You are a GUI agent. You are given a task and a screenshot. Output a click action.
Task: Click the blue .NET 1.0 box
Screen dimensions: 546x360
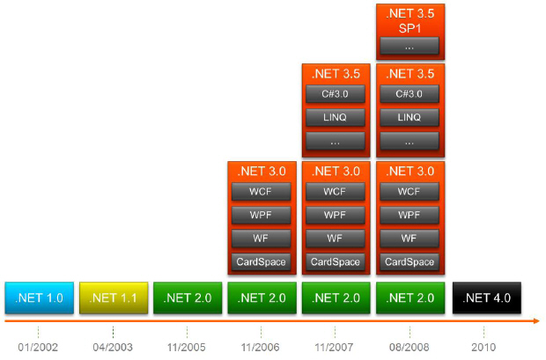40,298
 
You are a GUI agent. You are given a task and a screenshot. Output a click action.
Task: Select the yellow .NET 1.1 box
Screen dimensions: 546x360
114,298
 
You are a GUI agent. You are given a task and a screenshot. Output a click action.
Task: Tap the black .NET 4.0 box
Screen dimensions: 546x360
486,298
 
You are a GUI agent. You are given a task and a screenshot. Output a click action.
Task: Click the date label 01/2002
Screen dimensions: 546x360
38,347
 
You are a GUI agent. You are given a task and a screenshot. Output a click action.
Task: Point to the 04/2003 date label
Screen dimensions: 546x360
113,347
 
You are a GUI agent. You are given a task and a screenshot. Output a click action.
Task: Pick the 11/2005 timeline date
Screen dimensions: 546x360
187,347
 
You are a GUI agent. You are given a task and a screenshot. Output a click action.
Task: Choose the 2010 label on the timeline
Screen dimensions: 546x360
483,347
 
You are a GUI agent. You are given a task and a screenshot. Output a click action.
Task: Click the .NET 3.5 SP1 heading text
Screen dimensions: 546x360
410,21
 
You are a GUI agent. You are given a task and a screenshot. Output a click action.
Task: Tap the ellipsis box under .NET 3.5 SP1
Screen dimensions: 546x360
409,46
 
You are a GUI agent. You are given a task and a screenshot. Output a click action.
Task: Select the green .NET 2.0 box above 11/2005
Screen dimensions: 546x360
188,298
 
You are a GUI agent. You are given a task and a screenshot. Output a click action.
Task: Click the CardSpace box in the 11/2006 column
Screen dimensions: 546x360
262,261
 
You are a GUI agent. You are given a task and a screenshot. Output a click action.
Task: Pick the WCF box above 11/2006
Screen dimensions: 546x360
262,192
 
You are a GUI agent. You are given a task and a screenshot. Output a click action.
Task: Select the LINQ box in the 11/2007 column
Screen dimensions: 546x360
336,117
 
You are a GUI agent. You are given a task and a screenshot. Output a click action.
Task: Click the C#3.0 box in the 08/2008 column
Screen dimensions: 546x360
409,94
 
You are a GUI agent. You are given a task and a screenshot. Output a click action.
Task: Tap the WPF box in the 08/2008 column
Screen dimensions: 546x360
409,215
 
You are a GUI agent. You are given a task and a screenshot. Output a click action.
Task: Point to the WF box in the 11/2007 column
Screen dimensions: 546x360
336,239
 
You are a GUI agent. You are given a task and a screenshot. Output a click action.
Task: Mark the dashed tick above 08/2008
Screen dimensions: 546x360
409,332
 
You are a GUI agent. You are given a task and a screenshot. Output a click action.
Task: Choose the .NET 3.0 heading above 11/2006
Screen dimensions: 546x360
262,172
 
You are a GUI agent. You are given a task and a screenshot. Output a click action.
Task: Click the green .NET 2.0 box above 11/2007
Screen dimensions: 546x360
336,298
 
